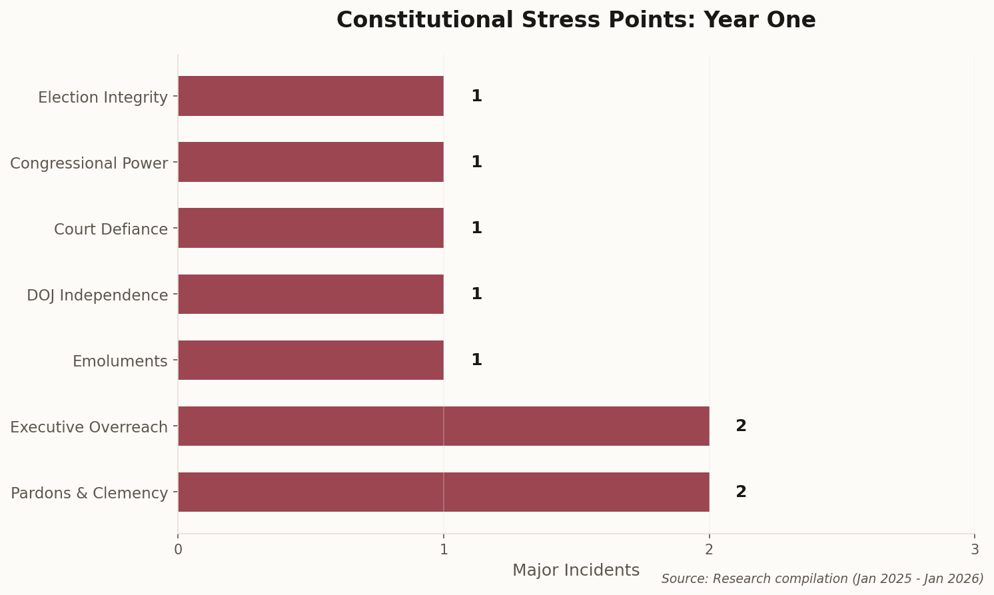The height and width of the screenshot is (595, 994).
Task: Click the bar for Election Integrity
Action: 310,96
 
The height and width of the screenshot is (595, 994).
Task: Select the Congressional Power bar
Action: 310,162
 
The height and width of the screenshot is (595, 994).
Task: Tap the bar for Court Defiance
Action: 310,228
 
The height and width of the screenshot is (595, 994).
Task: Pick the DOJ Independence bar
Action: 310,294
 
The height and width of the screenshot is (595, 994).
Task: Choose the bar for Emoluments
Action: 310,360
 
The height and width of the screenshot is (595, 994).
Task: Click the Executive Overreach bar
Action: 443,426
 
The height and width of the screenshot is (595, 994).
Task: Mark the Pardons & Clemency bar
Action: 443,492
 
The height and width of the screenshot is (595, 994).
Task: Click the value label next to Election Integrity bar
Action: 476,96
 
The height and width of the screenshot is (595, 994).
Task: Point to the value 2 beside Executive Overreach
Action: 741,426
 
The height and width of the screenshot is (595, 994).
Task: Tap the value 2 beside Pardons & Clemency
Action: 741,492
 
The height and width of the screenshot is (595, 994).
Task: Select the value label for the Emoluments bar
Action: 476,360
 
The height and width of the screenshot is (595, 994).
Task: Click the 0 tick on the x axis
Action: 178,550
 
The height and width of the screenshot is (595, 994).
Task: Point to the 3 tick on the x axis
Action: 975,550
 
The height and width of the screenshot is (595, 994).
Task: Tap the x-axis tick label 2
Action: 709,550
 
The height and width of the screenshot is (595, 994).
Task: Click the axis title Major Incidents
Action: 576,570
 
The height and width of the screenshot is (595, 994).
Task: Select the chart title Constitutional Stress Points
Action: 576,20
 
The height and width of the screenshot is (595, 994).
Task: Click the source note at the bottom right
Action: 822,578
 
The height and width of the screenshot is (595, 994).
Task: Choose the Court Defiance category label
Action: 111,229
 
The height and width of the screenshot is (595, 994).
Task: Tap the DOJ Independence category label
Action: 97,295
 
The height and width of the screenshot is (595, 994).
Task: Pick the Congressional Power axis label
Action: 89,163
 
